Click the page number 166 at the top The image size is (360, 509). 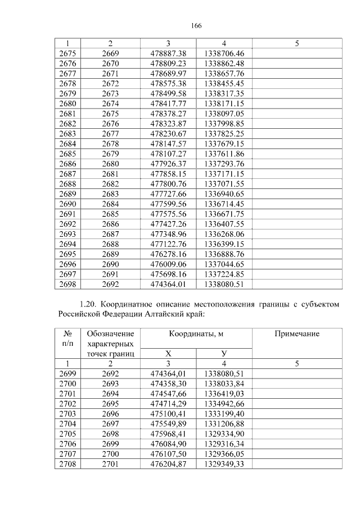196,26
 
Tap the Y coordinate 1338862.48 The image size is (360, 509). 224,63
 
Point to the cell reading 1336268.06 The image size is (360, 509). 224,234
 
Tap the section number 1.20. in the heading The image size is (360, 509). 91,304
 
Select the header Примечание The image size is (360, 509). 296,334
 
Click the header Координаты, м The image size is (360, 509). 196,334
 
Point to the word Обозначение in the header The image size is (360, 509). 110,334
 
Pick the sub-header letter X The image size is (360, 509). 168,354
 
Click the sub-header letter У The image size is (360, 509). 224,354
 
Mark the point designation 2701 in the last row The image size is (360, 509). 110,464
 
